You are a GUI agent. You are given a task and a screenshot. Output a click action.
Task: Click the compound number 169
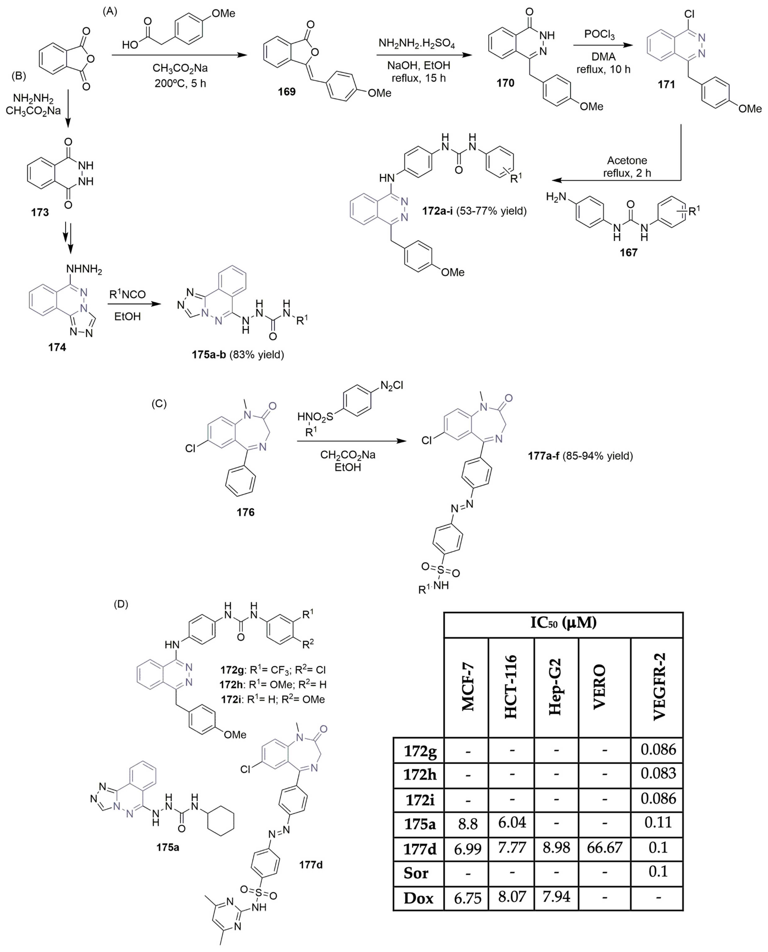pyautogui.click(x=287, y=92)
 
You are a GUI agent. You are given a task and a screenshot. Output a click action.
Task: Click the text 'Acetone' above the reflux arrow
pyautogui.click(x=627, y=160)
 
